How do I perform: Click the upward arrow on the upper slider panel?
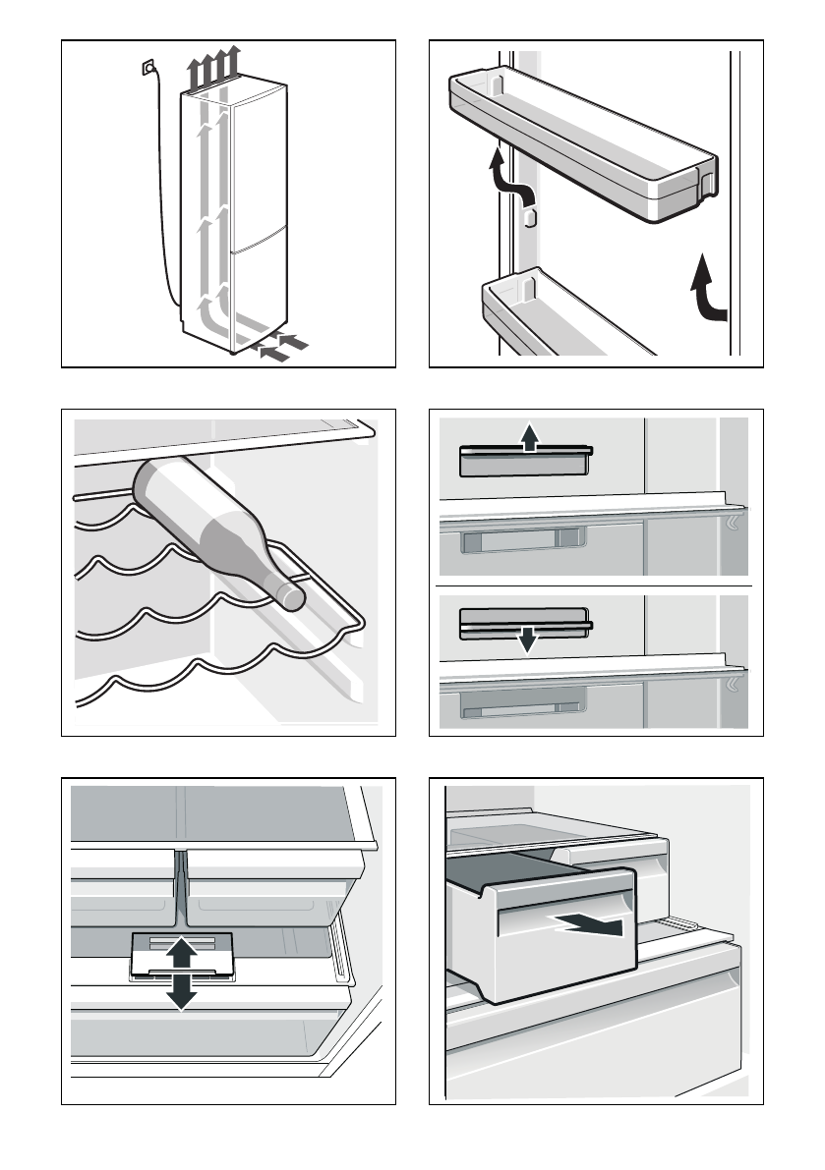[x=529, y=437]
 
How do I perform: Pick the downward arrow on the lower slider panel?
[x=528, y=639]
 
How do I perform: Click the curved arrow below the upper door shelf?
[x=503, y=177]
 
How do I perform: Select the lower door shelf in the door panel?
[x=560, y=314]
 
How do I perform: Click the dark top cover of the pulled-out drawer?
[x=511, y=869]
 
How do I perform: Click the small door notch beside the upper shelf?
[x=529, y=218]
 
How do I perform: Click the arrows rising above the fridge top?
[x=214, y=71]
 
